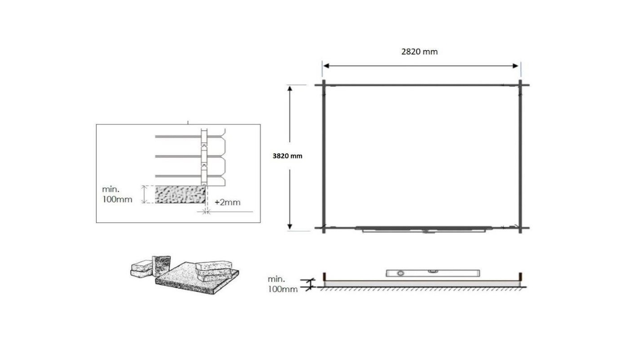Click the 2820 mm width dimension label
pyautogui.click(x=419, y=52)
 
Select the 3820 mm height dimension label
pyautogui.click(x=288, y=156)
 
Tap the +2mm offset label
pyautogui.click(x=227, y=202)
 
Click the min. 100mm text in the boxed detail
pyautogui.click(x=117, y=194)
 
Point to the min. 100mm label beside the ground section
pyautogui.click(x=283, y=284)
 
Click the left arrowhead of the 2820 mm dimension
pyautogui.click(x=326, y=66)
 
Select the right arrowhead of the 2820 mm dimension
pyautogui.click(x=515, y=66)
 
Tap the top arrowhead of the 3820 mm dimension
pyautogui.click(x=290, y=89)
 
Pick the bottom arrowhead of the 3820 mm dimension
pyautogui.click(x=290, y=226)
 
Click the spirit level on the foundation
pyautogui.click(x=433, y=273)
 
